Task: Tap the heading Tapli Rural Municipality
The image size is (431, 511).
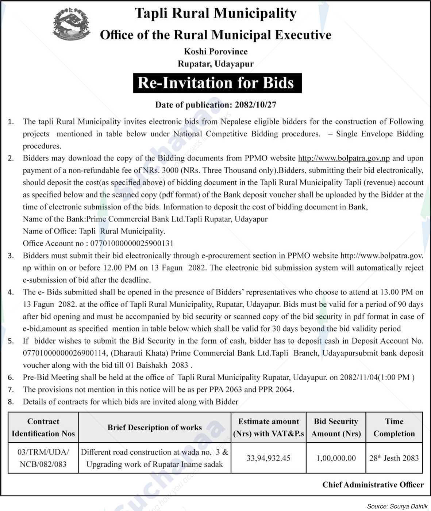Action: click(215, 14)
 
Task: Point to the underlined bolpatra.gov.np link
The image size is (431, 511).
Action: click(344, 158)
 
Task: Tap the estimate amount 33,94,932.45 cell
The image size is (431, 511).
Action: click(268, 458)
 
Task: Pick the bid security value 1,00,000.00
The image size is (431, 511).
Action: click(336, 458)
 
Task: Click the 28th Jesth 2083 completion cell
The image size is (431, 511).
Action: click(394, 458)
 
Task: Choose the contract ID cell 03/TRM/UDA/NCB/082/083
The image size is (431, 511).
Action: click(43, 458)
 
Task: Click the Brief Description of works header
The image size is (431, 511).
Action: click(154, 427)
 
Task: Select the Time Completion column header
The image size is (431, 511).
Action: click(394, 427)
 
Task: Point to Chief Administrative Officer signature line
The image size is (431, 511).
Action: click(373, 485)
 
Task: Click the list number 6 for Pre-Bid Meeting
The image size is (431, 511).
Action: click(11, 378)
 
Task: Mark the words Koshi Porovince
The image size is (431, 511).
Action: click(216, 52)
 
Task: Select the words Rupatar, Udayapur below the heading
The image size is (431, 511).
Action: click(216, 64)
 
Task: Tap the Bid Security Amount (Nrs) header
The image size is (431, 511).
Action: click(336, 427)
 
